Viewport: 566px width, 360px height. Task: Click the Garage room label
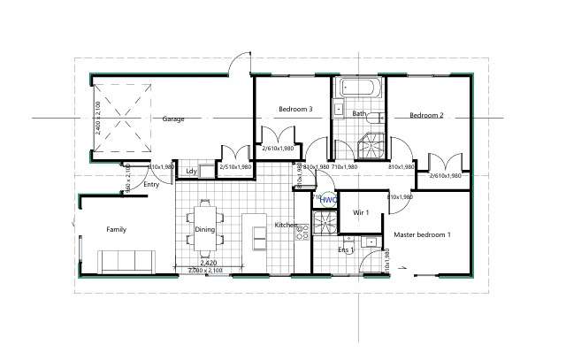pos(173,119)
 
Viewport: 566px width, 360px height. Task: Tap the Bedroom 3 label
pos(295,110)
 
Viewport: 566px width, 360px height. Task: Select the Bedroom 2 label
pos(425,115)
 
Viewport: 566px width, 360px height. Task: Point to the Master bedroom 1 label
pos(423,234)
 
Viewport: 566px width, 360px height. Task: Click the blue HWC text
pos(328,201)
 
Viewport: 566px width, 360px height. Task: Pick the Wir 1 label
pos(360,213)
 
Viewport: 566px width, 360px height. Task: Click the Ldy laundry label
pos(190,171)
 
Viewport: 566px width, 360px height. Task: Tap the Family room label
pos(116,229)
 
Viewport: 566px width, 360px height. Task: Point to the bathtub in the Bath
pos(358,89)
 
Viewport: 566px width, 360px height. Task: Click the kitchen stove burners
pos(300,231)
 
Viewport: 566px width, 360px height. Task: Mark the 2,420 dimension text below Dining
pos(209,263)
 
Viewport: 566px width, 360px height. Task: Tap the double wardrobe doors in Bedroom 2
pos(445,164)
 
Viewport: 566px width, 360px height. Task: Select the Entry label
pos(151,185)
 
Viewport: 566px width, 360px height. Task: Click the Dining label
pos(205,230)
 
